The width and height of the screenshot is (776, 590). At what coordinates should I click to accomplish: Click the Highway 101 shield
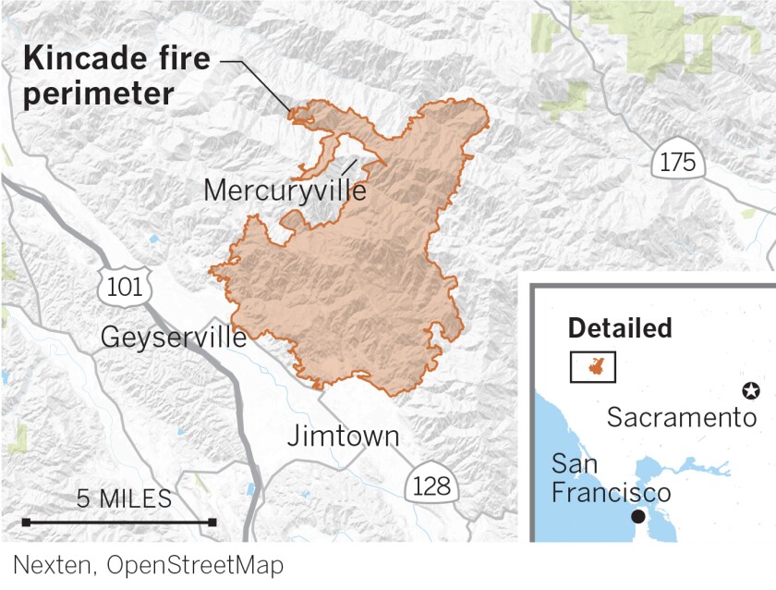125,286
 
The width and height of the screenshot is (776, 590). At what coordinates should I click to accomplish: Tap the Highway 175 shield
678,162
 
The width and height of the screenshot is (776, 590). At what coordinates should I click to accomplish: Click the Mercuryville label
284,191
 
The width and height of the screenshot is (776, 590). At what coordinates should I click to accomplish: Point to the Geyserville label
174,338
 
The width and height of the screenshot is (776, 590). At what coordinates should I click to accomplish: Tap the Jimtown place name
344,436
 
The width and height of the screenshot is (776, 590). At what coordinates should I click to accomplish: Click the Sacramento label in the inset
682,417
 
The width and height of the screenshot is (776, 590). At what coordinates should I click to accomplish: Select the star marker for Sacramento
752,391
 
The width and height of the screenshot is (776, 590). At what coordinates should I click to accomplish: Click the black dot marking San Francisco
638,516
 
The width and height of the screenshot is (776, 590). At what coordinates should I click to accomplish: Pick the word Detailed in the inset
620,328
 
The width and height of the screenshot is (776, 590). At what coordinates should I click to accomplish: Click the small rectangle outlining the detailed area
593,366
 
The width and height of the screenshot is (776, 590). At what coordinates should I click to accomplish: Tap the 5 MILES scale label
124,499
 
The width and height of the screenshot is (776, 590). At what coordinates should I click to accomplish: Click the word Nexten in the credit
53,564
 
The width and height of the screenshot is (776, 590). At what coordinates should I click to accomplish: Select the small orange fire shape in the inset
593,366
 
